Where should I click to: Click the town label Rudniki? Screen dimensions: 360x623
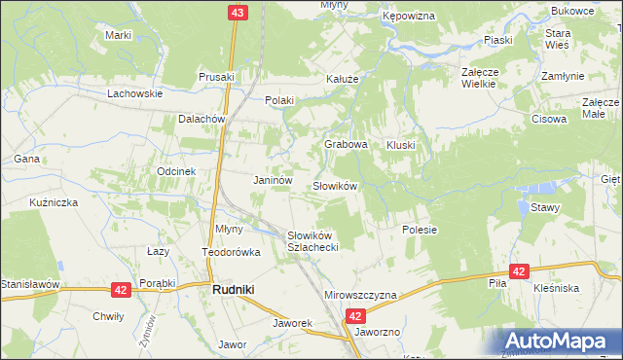(x=235, y=289)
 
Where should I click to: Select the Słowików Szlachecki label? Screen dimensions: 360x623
(x=312, y=241)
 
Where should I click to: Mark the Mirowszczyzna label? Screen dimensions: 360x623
(x=360, y=295)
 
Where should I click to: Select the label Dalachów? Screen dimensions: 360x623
(x=202, y=119)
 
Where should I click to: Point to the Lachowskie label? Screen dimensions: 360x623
(x=134, y=94)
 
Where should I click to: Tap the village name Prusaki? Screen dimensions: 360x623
(x=217, y=77)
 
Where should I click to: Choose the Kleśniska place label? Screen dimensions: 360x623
(x=557, y=288)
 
